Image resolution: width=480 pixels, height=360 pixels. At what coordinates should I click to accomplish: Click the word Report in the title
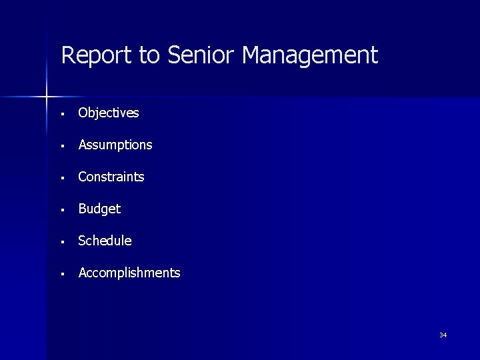tap(97, 55)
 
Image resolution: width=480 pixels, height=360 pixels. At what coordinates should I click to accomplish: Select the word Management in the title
tap(310, 55)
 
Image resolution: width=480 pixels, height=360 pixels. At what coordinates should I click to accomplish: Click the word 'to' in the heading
tap(150, 55)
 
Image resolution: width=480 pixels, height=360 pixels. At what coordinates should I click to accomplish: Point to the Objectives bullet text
tap(109, 113)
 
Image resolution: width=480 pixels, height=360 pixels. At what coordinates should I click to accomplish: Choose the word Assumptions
tap(115, 145)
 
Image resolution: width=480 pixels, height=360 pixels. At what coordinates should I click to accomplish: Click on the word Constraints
tap(111, 177)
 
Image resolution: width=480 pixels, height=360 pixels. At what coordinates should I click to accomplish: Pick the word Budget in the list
tap(99, 209)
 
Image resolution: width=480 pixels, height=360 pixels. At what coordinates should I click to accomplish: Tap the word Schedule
tap(105, 241)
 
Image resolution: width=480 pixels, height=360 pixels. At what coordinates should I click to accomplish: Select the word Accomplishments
tap(129, 273)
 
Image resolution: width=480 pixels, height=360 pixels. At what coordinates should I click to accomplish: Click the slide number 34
tap(443, 335)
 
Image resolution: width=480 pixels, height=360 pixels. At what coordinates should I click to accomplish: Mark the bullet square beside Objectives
tap(61, 114)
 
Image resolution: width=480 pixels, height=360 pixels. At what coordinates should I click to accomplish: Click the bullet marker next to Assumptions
tap(61, 146)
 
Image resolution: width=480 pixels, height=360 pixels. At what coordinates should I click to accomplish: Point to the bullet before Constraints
tap(61, 178)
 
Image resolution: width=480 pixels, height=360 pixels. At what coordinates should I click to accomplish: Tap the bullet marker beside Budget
tap(61, 210)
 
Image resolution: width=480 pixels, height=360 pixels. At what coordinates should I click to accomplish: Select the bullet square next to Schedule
tap(61, 242)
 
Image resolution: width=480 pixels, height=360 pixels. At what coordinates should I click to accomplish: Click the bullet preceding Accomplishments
tap(61, 274)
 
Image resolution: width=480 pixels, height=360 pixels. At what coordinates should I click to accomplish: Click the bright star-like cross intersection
tap(47, 97)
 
